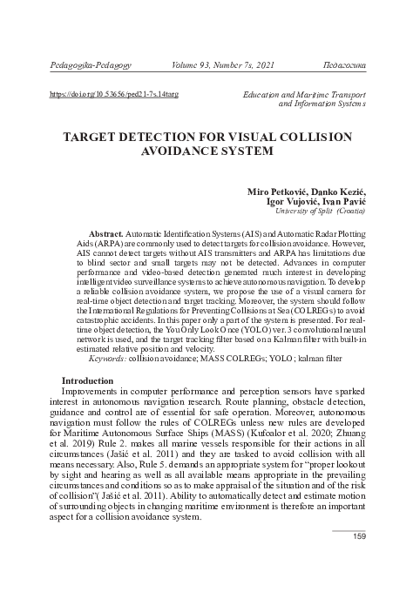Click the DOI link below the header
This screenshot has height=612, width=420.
(x=105, y=92)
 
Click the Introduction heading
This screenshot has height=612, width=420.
(x=88, y=381)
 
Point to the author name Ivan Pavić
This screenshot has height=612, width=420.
(x=342, y=201)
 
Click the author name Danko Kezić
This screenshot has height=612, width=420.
(x=336, y=192)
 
